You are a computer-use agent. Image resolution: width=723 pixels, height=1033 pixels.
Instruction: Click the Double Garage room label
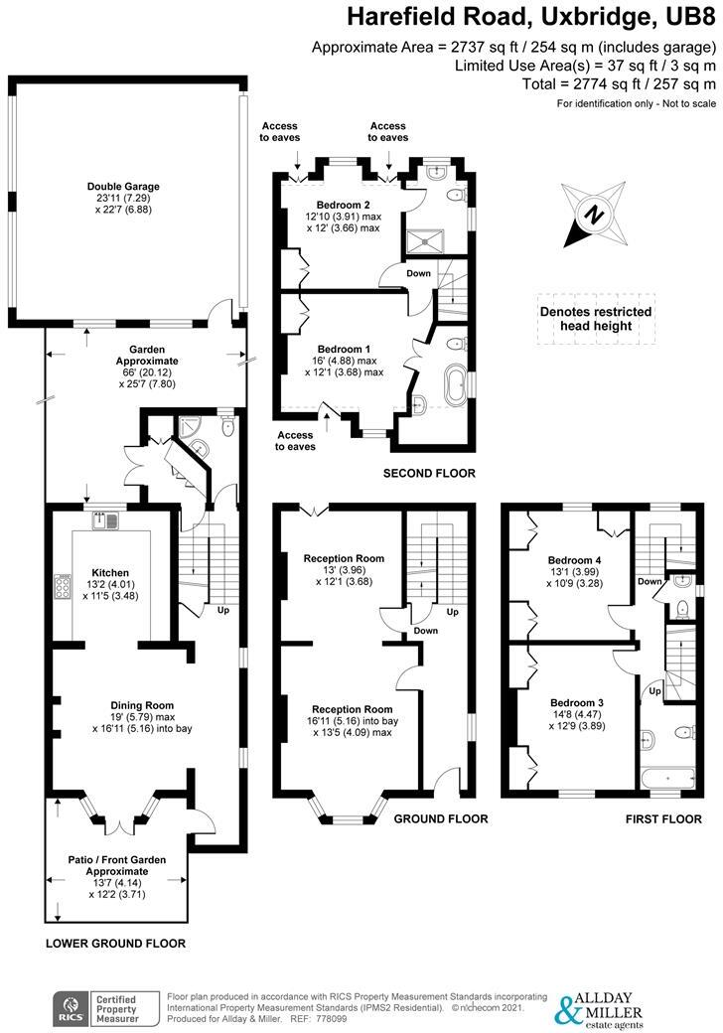tap(123, 186)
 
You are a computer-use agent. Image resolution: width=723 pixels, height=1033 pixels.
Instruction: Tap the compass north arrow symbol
tap(593, 215)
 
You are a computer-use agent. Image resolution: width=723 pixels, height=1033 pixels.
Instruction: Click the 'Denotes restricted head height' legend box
tap(595, 318)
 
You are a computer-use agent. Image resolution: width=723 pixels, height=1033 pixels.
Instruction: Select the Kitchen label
tap(110, 573)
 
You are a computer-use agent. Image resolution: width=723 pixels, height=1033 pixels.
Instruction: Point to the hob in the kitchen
tap(62, 588)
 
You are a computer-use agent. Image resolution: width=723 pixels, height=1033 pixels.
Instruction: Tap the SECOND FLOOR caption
tap(429, 473)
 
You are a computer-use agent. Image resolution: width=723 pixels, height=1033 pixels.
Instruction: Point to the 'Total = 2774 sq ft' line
tap(619, 84)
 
